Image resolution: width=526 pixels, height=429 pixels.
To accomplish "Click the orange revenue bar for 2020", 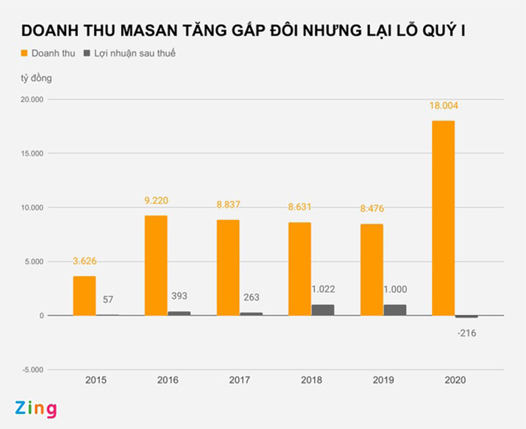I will (443, 218).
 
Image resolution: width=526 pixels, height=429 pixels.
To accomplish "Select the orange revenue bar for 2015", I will (84, 295).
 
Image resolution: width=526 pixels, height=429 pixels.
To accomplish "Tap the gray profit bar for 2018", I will (323, 310).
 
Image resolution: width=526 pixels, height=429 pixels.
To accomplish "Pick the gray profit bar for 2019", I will (394, 310).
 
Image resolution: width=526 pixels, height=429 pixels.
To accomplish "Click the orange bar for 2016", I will (156, 265).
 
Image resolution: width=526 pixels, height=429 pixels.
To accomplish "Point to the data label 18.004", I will (443, 106).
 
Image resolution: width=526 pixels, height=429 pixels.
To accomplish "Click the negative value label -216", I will (467, 333).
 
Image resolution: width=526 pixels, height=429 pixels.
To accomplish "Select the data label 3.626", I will (85, 261).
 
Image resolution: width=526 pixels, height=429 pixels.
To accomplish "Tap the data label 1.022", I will (323, 288).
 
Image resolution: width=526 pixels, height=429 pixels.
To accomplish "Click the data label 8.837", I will (228, 205).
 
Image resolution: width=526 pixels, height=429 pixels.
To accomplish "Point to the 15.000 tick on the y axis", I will (32, 154).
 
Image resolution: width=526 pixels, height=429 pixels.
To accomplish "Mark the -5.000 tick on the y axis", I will (32, 370).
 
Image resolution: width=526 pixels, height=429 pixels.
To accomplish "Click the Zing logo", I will (35, 409).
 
